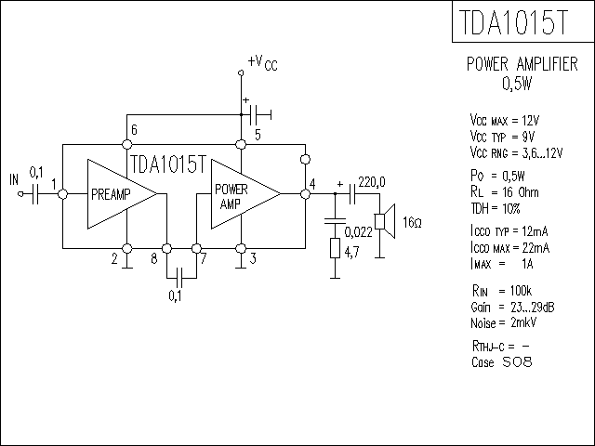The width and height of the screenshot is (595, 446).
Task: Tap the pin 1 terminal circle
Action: click(x=62, y=194)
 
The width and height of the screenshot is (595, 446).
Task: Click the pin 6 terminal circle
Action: click(x=127, y=144)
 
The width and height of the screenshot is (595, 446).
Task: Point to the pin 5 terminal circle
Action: click(x=241, y=144)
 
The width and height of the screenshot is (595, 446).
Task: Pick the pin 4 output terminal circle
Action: click(x=305, y=194)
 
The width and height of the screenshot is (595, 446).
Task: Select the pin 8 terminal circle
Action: click(x=166, y=248)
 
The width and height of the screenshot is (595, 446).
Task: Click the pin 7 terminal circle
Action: click(x=196, y=248)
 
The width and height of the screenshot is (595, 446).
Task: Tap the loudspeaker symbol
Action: click(x=385, y=221)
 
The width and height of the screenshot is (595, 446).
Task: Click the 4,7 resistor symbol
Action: click(x=335, y=248)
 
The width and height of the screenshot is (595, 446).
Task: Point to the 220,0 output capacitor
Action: click(x=351, y=194)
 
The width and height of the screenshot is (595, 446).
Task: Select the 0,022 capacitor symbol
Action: click(x=335, y=221)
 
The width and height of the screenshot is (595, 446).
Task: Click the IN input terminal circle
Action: click(x=20, y=194)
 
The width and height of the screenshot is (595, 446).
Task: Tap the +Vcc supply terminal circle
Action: click(x=241, y=72)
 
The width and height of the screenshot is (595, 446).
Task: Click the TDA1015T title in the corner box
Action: click(x=514, y=22)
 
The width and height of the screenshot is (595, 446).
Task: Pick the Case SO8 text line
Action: click(x=502, y=361)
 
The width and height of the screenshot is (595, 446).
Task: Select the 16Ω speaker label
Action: click(x=412, y=222)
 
